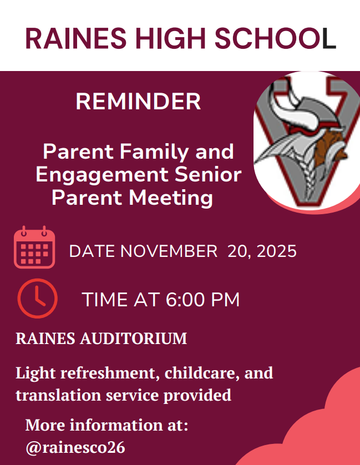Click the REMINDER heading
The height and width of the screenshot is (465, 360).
[138, 102]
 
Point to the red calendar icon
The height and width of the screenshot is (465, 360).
[34, 247]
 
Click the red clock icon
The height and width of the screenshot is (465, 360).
[37, 299]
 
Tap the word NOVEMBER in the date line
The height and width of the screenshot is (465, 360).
[169, 251]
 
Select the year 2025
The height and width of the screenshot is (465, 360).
[276, 251]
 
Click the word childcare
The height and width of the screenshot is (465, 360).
[202, 372]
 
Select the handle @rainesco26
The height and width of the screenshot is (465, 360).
[75, 447]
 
